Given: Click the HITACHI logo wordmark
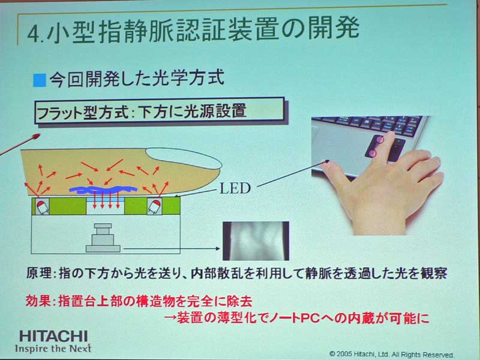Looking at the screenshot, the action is [53, 336].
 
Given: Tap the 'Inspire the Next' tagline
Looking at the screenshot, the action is [53, 349].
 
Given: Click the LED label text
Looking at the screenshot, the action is [235, 188].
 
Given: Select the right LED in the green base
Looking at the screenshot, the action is [154, 206].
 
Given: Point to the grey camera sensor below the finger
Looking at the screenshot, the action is [103, 238].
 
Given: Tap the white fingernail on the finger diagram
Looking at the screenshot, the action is [184, 158].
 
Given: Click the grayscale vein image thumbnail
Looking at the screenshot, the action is [256, 241].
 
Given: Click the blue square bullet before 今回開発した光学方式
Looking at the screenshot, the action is [40, 80].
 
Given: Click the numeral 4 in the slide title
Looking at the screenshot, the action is [34, 35].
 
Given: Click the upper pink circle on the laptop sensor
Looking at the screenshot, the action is [380, 140].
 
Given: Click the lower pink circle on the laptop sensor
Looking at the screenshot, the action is [373, 153].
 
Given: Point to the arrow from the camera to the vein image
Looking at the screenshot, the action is [172, 248].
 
